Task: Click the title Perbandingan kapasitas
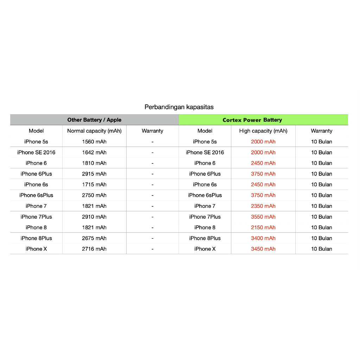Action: [x=179, y=107]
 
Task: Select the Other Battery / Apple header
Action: [x=94, y=120]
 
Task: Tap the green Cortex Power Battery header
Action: [x=252, y=120]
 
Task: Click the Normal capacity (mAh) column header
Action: [x=94, y=131]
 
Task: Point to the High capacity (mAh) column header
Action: [x=263, y=131]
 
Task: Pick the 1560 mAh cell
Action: [x=94, y=142]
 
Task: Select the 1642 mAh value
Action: [x=94, y=153]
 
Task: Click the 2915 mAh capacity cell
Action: [x=94, y=174]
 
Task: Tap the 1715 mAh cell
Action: [x=94, y=185]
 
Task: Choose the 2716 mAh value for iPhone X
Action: [x=94, y=249]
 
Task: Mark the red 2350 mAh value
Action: [x=263, y=206]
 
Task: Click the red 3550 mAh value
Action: [x=263, y=217]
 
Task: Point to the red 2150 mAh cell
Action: [x=263, y=227]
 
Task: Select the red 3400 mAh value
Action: [x=263, y=238]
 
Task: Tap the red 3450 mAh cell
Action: [x=263, y=249]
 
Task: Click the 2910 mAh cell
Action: [x=94, y=217]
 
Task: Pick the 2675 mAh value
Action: [x=94, y=238]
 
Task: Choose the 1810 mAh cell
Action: [x=94, y=163]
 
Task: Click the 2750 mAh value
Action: [x=94, y=195]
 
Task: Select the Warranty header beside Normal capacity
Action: [x=152, y=131]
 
